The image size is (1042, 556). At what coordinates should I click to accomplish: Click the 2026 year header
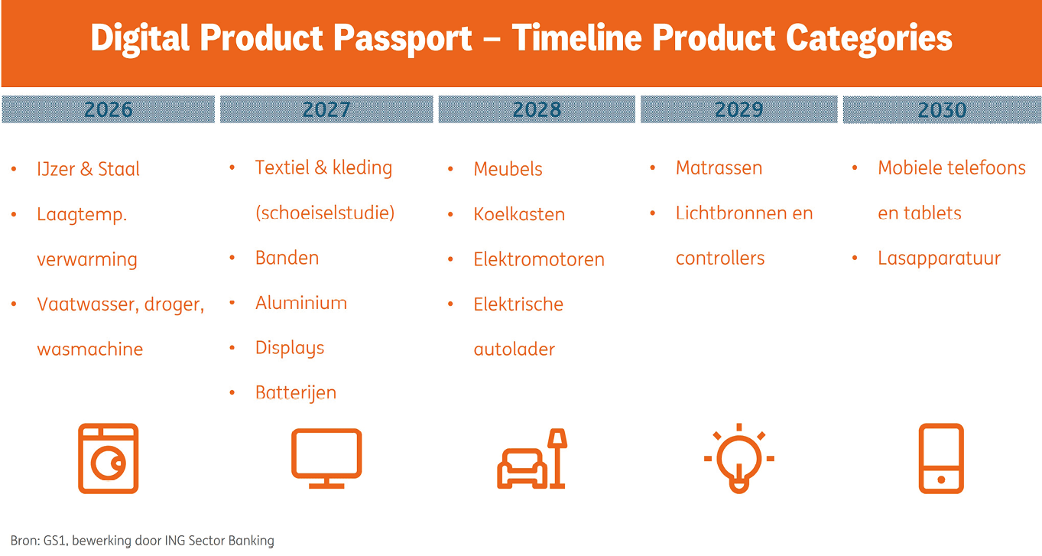(x=108, y=109)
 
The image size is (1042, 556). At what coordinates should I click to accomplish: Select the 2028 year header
(x=537, y=109)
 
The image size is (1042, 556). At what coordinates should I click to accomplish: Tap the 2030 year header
(x=942, y=109)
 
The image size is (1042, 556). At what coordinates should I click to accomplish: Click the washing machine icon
(x=108, y=458)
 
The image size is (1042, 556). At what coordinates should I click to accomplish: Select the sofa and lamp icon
(x=532, y=459)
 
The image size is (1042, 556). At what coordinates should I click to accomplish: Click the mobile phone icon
(x=940, y=459)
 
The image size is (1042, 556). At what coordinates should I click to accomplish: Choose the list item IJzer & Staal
(x=88, y=169)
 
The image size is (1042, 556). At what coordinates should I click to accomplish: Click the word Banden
(x=287, y=258)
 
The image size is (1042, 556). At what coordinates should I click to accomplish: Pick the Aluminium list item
(x=300, y=303)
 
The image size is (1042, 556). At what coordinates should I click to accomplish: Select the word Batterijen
(x=295, y=393)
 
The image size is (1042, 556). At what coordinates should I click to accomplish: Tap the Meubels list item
(x=508, y=169)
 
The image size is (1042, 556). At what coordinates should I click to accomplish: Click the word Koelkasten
(x=519, y=214)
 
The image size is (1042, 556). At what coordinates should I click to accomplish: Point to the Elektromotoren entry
(x=539, y=259)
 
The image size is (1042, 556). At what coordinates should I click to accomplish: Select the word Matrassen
(x=719, y=168)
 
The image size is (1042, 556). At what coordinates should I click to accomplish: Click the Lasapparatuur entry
(x=939, y=258)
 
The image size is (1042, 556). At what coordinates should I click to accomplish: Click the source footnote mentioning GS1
(x=142, y=541)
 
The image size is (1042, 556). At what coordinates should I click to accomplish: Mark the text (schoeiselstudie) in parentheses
(x=325, y=213)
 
